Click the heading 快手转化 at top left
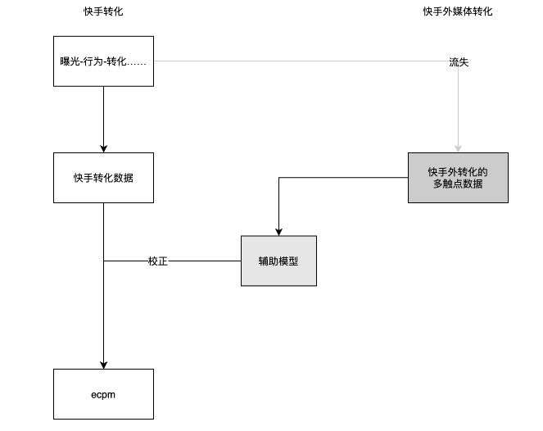pyautogui.click(x=103, y=11)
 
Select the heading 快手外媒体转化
pyautogui.click(x=458, y=11)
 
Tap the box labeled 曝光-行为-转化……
pyautogui.click(x=103, y=61)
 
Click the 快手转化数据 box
pyautogui.click(x=103, y=178)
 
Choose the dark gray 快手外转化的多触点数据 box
pyautogui.click(x=458, y=178)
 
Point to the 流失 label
pyautogui.click(x=459, y=62)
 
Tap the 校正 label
pyautogui.click(x=158, y=261)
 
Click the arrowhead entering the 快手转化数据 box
pyautogui.click(x=103, y=148)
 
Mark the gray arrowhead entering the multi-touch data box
pyautogui.click(x=458, y=148)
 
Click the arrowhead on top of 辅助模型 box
pyautogui.click(x=278, y=232)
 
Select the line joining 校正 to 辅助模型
pyautogui.click(x=205, y=261)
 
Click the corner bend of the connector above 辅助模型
pyautogui.click(x=278, y=179)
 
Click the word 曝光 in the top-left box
pyautogui.click(x=70, y=62)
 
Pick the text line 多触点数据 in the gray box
pyautogui.click(x=458, y=184)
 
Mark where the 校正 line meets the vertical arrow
pyautogui.click(x=103, y=261)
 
